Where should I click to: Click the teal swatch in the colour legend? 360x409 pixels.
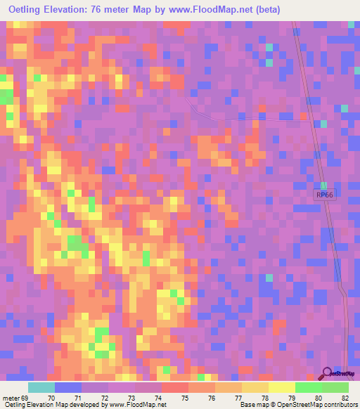point(41,387)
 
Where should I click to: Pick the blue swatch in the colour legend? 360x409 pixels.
point(68,387)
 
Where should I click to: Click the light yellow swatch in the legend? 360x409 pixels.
point(282,387)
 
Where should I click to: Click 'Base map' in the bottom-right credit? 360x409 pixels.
point(251,404)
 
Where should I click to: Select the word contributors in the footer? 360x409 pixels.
point(338,404)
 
